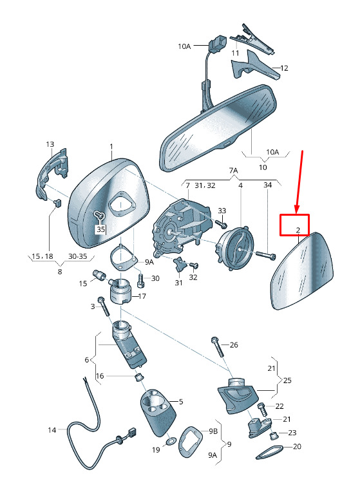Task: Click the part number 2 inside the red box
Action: (x=298, y=230)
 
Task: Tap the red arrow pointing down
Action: (x=299, y=182)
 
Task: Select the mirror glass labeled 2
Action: (x=303, y=271)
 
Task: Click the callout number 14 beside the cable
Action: (x=52, y=430)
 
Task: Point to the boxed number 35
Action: (x=100, y=229)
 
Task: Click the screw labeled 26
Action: (x=218, y=347)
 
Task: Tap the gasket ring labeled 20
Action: (x=270, y=453)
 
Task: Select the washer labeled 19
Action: (x=170, y=442)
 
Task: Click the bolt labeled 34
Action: (x=265, y=255)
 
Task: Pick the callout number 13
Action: (x=50, y=144)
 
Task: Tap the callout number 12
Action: (x=284, y=68)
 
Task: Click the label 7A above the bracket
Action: (x=233, y=170)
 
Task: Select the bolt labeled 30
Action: (x=140, y=280)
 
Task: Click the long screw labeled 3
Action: (x=104, y=306)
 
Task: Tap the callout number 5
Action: (x=181, y=402)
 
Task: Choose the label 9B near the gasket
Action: (x=213, y=431)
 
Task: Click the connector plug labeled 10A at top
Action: (x=216, y=45)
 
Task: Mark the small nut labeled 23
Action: (x=274, y=435)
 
